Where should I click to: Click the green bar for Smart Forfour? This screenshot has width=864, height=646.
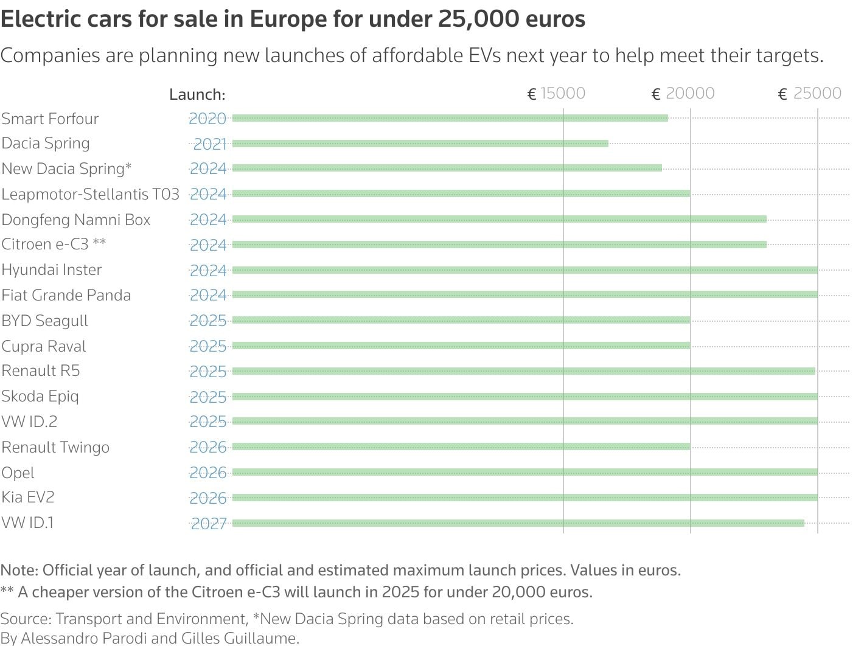(x=450, y=118)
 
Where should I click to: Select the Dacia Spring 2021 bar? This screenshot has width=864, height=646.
(x=420, y=144)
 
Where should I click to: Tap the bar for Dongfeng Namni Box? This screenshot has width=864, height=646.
(x=499, y=219)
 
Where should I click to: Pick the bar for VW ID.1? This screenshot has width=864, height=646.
(x=517, y=523)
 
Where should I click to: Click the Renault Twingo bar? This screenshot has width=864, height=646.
(x=461, y=446)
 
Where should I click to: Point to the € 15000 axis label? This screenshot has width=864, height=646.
(x=556, y=93)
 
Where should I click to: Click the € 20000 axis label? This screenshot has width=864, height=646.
(x=683, y=93)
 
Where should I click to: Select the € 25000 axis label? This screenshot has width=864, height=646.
(x=810, y=93)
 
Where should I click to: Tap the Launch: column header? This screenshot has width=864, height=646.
(x=197, y=94)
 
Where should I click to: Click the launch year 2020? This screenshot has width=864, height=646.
(x=207, y=119)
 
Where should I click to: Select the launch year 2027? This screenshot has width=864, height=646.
(x=209, y=524)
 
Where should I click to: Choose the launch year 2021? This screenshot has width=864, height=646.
(x=209, y=144)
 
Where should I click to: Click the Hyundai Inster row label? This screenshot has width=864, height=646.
(x=52, y=269)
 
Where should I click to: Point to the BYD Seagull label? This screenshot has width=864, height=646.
(x=44, y=321)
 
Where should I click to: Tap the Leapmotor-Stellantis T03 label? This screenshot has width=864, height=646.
(x=90, y=194)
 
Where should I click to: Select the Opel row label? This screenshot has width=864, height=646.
(x=18, y=473)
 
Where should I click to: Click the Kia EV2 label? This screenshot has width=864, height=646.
(x=28, y=497)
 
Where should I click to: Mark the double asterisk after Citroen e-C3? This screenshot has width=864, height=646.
(x=99, y=243)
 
